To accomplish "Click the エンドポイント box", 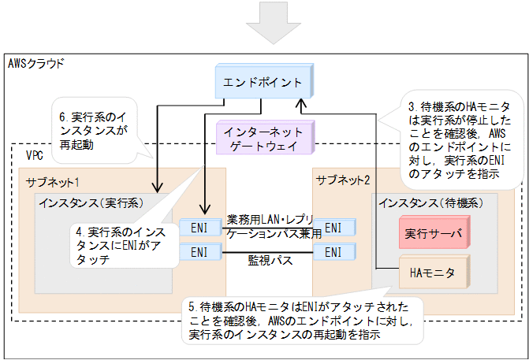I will (x=262, y=82).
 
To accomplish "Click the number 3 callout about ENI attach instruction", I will (x=462, y=138).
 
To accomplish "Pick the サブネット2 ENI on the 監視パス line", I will (x=333, y=252).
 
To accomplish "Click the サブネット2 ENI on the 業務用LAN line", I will (x=333, y=228).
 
